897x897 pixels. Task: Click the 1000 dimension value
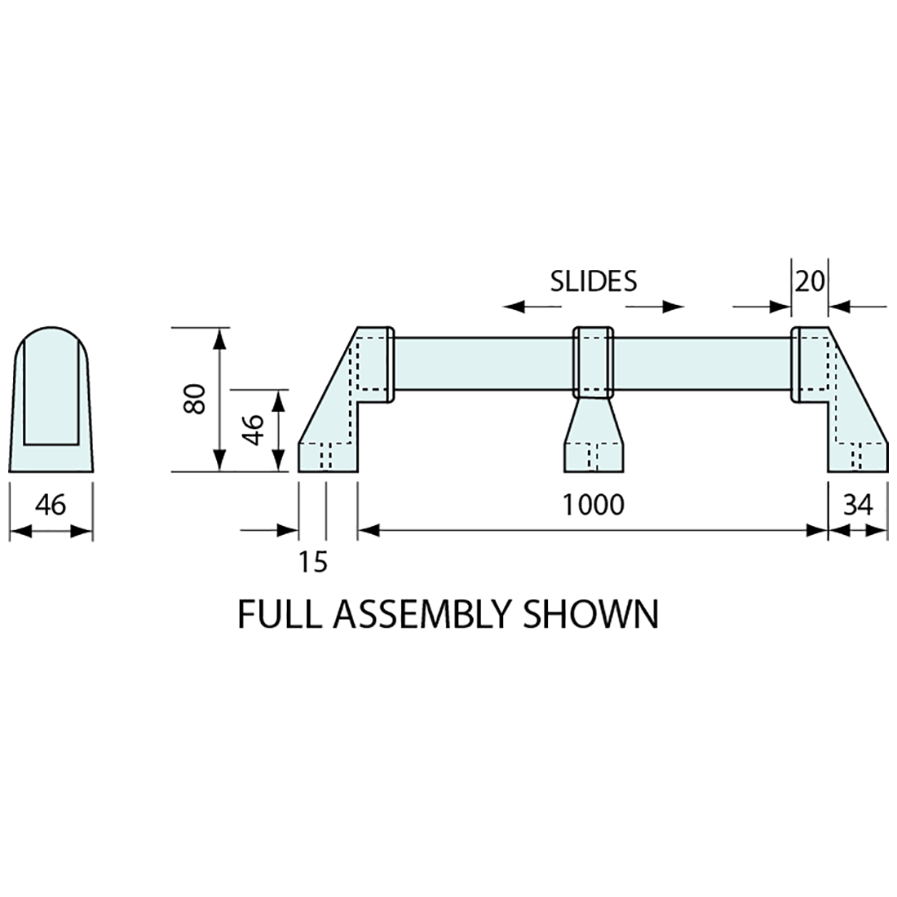coord(594,505)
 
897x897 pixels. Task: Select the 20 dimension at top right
coord(810,281)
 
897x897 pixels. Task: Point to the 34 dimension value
coord(858,505)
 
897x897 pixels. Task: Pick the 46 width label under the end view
coord(51,505)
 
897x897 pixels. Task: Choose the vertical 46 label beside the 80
coord(254,430)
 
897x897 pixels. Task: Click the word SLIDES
coord(593,281)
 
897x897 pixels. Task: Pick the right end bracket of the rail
coord(844,408)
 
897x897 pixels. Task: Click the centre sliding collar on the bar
coord(594,361)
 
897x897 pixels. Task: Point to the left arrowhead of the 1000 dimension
coord(369,531)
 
